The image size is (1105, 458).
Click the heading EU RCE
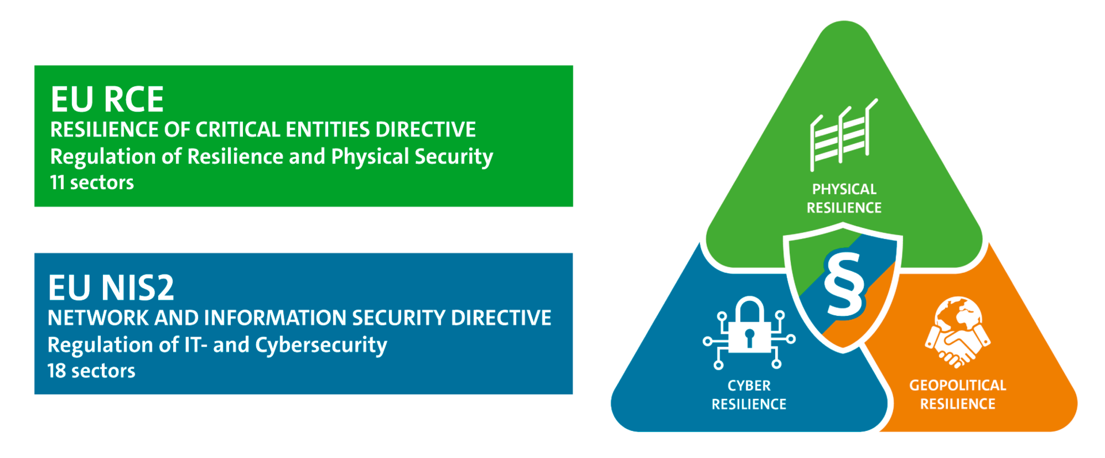107,100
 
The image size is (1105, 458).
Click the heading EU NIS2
110,288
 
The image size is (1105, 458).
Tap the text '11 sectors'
92,182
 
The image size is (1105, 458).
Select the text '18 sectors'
92,371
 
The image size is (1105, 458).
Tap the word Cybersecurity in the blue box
321,345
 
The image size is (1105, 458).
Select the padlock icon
749,331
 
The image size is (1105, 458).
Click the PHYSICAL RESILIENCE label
844,199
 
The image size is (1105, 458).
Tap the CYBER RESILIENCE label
749,395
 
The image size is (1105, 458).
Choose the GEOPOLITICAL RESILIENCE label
958,395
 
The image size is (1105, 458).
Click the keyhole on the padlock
749,337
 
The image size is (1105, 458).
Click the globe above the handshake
958,314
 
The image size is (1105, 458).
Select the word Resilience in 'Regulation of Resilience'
235,157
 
